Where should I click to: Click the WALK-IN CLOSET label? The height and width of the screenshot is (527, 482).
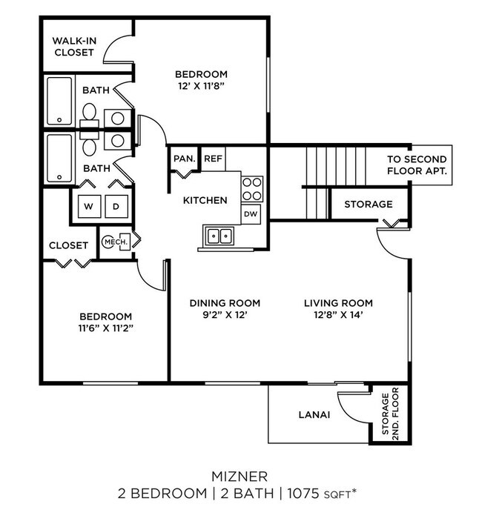[73, 47]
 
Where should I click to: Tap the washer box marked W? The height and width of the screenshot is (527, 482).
[89, 205]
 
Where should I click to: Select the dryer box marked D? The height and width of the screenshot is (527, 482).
[116, 205]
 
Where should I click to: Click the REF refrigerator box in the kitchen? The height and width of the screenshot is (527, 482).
[213, 159]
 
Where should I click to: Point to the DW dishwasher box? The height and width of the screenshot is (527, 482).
[251, 213]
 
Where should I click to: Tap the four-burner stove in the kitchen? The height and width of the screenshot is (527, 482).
[252, 188]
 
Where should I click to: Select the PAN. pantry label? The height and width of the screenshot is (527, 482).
[183, 159]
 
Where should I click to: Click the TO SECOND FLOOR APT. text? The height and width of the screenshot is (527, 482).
[417, 165]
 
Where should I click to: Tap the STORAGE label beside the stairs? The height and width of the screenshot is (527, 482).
[368, 205]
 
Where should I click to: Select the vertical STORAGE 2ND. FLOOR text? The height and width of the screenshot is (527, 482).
[390, 414]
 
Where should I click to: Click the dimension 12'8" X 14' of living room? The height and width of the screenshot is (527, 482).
[338, 314]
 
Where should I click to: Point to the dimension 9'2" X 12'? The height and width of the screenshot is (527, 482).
[225, 314]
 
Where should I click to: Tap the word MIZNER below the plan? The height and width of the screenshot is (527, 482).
[239, 475]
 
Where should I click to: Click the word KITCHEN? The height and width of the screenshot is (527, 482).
[205, 200]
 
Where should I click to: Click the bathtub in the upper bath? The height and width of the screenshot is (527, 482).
[59, 102]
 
